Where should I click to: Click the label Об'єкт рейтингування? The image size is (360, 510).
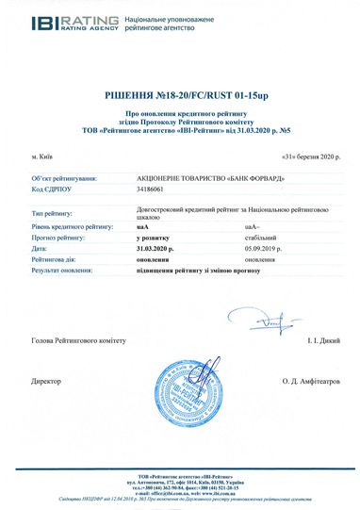[66, 177]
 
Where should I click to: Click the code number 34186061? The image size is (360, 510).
[150, 190]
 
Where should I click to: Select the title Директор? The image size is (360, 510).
[46, 381]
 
